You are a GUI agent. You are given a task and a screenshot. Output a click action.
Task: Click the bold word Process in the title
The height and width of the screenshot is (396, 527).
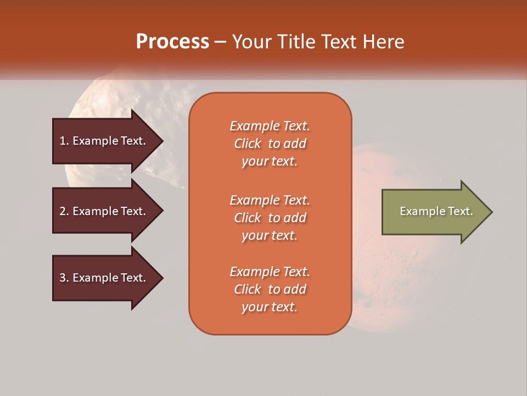pyautogui.click(x=172, y=42)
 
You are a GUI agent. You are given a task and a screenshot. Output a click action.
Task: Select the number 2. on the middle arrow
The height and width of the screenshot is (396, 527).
pyautogui.click(x=64, y=211)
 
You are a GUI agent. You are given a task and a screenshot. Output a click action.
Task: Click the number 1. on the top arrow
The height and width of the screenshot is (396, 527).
pyautogui.click(x=64, y=141)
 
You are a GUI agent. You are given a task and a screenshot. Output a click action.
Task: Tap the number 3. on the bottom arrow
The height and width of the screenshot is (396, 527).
pyautogui.click(x=64, y=278)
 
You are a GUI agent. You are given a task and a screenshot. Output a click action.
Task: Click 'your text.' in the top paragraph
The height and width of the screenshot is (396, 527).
pyautogui.click(x=270, y=162)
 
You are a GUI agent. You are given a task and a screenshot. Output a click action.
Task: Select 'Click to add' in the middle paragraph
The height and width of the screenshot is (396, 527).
pyautogui.click(x=270, y=218)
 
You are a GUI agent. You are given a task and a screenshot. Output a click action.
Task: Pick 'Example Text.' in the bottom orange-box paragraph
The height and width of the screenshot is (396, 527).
pyautogui.click(x=270, y=272)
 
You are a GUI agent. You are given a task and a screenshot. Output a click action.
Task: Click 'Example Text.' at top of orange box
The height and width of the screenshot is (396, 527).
pyautogui.click(x=270, y=126)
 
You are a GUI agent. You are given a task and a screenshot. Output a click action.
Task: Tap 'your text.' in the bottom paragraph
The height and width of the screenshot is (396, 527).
pyautogui.click(x=270, y=307)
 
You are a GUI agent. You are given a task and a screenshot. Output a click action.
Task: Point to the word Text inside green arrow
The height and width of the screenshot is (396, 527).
pyautogui.click(x=460, y=211)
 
